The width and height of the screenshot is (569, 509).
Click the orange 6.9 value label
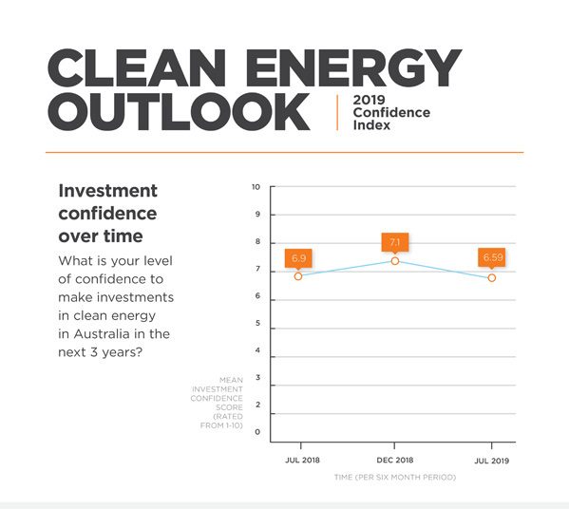[298, 258]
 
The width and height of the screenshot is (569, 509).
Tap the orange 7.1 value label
[395, 242]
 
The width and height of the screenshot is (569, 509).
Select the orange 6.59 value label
[492, 257]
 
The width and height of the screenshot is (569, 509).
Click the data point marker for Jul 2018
[298, 276]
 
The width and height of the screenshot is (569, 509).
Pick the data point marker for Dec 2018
[395, 261]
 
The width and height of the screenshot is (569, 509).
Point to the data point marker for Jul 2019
[492, 278]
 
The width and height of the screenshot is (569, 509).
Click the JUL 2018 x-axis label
[302, 460]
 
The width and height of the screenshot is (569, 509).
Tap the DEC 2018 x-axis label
[395, 460]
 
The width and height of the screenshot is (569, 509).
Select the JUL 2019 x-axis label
[492, 461]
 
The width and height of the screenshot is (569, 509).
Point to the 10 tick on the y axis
[256, 187]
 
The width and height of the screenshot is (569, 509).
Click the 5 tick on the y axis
[257, 323]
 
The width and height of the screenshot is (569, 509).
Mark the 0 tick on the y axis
[257, 432]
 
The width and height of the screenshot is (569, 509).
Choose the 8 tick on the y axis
[257, 241]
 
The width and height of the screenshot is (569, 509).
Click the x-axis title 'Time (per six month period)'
[395, 477]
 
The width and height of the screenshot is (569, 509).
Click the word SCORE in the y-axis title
[229, 407]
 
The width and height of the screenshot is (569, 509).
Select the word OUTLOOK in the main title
[179, 112]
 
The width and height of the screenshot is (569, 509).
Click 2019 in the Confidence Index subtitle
[370, 100]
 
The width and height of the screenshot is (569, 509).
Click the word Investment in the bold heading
[107, 191]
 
